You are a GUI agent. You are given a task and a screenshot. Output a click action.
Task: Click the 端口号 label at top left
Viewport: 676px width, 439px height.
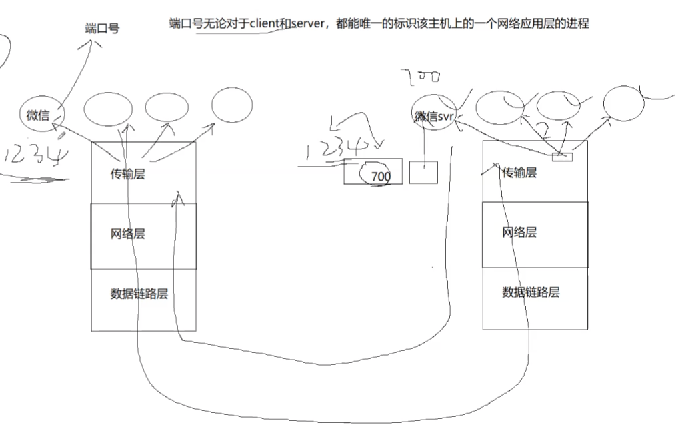point(102,28)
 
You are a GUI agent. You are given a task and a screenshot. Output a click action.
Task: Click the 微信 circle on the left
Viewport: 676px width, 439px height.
point(38,115)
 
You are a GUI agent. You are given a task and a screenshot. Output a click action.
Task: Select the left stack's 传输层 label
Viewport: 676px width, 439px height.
point(127,174)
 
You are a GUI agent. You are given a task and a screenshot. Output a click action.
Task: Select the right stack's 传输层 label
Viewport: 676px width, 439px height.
point(519,173)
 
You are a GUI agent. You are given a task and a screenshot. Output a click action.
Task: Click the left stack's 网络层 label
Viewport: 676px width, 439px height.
point(127,234)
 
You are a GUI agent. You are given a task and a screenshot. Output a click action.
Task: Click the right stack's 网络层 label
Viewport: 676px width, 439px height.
point(519,232)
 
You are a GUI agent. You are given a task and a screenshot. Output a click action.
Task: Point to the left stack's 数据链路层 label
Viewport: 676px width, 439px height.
point(139,294)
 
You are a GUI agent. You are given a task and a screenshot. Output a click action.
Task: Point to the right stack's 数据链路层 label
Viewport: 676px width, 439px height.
point(531,292)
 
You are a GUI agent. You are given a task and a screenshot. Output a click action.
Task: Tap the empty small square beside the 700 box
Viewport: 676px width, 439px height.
point(423,172)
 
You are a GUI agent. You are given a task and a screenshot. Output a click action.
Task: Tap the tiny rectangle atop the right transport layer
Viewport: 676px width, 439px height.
point(562,157)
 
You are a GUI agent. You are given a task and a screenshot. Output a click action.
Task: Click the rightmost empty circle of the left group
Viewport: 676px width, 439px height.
point(231,105)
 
